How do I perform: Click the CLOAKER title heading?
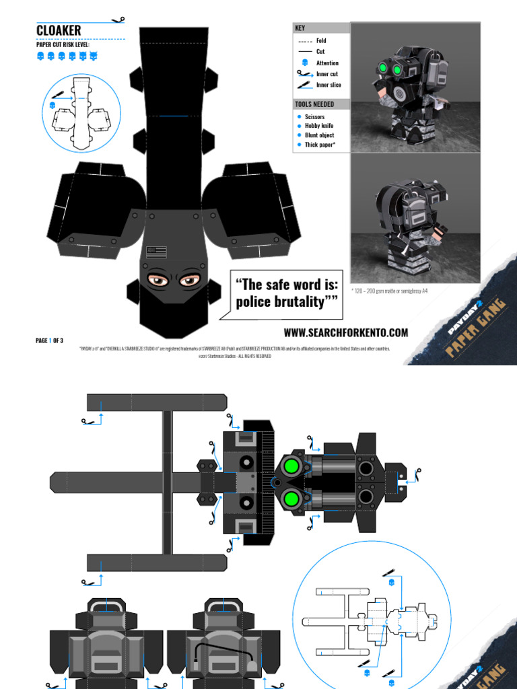(59, 30)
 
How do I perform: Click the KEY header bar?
(321, 28)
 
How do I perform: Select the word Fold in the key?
(321, 41)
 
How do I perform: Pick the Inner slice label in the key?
(329, 85)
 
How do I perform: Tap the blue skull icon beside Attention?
(305, 63)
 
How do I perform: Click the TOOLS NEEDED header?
(321, 104)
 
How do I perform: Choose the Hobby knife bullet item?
(318, 126)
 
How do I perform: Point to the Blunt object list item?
(319, 135)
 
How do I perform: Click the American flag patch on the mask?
(157, 252)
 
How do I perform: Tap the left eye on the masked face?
(158, 280)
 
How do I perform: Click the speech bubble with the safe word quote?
(286, 293)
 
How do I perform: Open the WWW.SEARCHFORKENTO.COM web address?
(345, 332)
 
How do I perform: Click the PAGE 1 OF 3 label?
(49, 340)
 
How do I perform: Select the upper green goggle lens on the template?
(291, 466)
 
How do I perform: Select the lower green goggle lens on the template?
(291, 499)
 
